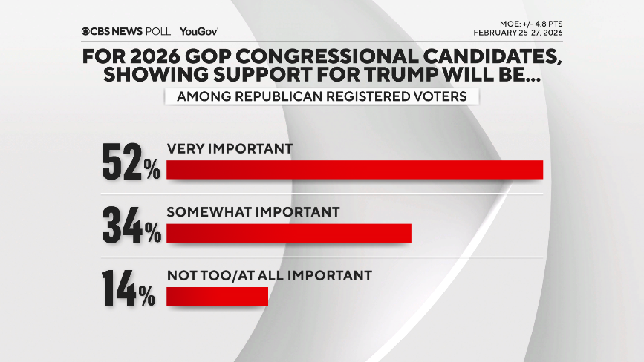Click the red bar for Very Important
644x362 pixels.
354,169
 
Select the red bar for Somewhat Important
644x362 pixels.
288,233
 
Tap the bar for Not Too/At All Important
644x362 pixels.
216,296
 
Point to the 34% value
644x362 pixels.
131,225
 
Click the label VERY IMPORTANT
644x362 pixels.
229,148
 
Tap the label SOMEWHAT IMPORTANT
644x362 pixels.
253,212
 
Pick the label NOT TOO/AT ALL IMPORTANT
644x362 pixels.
269,275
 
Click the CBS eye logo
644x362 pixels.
87,31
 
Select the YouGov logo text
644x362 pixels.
199,31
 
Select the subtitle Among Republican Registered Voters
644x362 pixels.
321,97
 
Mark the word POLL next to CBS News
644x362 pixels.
159,31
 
